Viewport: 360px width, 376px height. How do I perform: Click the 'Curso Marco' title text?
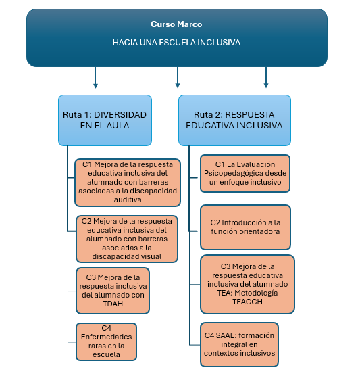pyautogui.click(x=176, y=24)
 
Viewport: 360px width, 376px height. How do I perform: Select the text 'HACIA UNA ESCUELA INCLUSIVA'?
pyautogui.click(x=176, y=43)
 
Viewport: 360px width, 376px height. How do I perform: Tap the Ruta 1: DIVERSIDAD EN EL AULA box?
pyautogui.click(x=105, y=120)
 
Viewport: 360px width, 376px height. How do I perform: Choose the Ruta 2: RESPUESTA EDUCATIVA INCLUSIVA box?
pyautogui.click(x=234, y=120)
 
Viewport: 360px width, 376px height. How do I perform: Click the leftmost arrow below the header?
pyautogui.click(x=95, y=78)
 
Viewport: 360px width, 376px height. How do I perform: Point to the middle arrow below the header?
pyautogui.click(x=178, y=78)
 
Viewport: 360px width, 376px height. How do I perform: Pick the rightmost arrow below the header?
pyautogui.click(x=266, y=78)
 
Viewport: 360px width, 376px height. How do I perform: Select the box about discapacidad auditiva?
pyautogui.click(x=128, y=182)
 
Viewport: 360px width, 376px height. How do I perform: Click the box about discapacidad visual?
pyautogui.click(x=127, y=239)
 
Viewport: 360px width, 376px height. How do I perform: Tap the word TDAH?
pyautogui.click(x=113, y=304)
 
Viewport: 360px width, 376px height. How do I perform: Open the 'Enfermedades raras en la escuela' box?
pyautogui.click(x=106, y=342)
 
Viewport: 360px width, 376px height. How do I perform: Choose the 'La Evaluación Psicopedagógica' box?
pyautogui.click(x=245, y=173)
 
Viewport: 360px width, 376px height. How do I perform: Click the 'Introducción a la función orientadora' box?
pyautogui.click(x=245, y=227)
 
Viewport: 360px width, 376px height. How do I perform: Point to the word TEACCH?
pyautogui.click(x=247, y=302)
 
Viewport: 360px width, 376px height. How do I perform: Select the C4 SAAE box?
pyautogui.click(x=239, y=344)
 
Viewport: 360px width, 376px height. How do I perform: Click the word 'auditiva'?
pyautogui.click(x=128, y=199)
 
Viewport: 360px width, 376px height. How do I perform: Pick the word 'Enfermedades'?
pyautogui.click(x=106, y=337)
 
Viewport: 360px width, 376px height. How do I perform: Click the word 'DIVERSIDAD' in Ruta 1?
pyautogui.click(x=120, y=114)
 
